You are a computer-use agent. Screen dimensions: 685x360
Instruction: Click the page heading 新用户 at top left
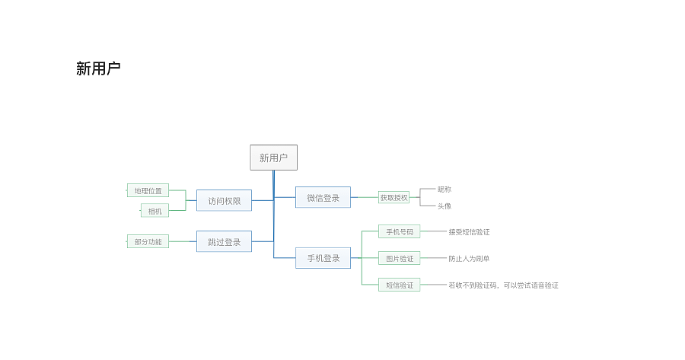[98, 68]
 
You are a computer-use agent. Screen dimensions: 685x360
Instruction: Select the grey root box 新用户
[273, 158]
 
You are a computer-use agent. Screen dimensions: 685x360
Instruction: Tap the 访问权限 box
[224, 200]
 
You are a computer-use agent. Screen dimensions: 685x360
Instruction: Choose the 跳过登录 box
[224, 241]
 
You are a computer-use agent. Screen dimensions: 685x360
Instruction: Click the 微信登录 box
[323, 197]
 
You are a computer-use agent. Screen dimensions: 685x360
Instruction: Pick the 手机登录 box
[323, 258]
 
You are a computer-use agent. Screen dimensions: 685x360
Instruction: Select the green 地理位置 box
[148, 190]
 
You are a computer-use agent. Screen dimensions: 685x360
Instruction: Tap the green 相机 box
[155, 211]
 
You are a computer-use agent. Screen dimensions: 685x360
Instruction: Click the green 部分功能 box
[148, 241]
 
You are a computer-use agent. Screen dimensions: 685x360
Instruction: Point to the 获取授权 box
[393, 197]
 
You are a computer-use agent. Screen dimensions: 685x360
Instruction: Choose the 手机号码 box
[400, 231]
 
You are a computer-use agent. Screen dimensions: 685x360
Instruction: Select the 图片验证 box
[400, 258]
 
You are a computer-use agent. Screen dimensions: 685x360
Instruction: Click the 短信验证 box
[400, 285]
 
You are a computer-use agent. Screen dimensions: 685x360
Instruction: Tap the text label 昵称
[444, 190]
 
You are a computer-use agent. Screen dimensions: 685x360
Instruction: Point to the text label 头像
[444, 206]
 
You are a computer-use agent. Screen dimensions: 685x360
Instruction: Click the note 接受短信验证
[469, 232]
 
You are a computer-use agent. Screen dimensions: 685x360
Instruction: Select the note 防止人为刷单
[469, 259]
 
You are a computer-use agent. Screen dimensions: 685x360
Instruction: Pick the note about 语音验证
[503, 285]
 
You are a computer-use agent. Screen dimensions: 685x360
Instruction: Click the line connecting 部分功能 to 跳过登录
[183, 241]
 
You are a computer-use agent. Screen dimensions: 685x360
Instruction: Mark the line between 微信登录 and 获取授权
[365, 197]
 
